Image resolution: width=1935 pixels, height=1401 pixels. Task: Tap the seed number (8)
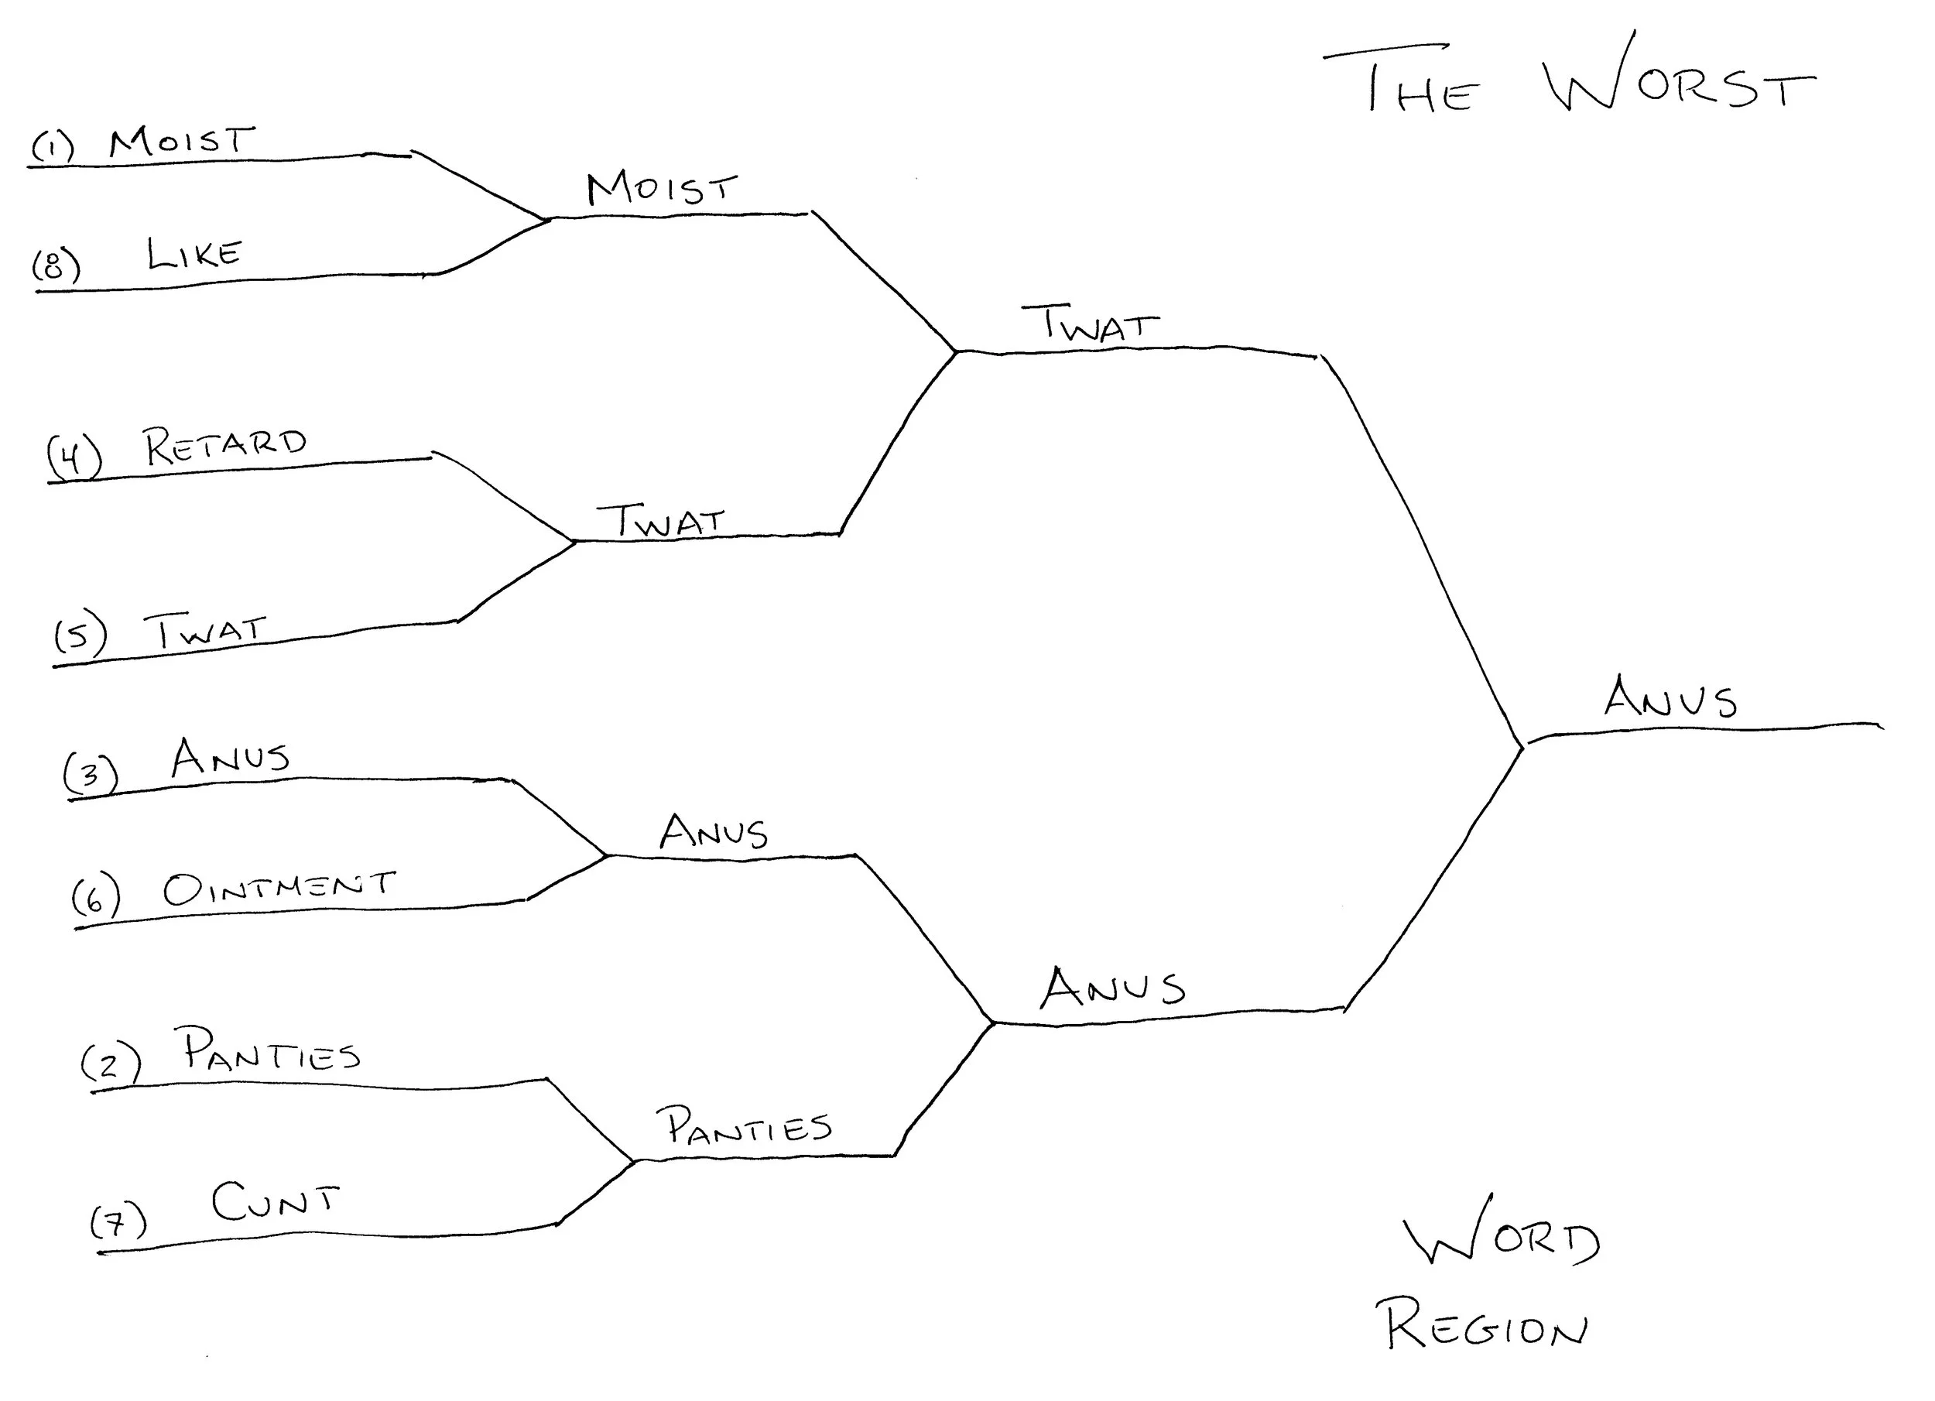click(57, 265)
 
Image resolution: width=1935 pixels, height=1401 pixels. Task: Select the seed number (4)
click(74, 457)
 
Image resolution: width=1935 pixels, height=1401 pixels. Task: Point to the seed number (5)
click(80, 635)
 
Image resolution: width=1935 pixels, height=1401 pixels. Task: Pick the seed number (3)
click(91, 774)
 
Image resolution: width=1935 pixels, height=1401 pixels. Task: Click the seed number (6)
click(95, 899)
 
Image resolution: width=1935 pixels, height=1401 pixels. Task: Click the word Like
click(194, 253)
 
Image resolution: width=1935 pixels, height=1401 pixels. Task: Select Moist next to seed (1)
click(182, 141)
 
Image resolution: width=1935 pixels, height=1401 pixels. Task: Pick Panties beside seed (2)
click(272, 1050)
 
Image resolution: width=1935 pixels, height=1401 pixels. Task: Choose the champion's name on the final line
click(1670, 697)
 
